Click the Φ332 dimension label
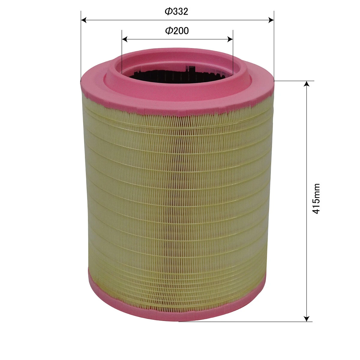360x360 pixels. [x=176, y=11]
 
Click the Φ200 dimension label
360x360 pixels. [x=177, y=31]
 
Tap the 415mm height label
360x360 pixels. [x=316, y=198]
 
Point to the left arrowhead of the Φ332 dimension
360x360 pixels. [x=84, y=20]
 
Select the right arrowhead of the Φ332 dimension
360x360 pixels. [x=271, y=20]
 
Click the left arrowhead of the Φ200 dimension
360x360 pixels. [x=124, y=39]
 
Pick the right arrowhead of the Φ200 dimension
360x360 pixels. [x=230, y=39]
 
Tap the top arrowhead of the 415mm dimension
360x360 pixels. [x=307, y=84]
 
